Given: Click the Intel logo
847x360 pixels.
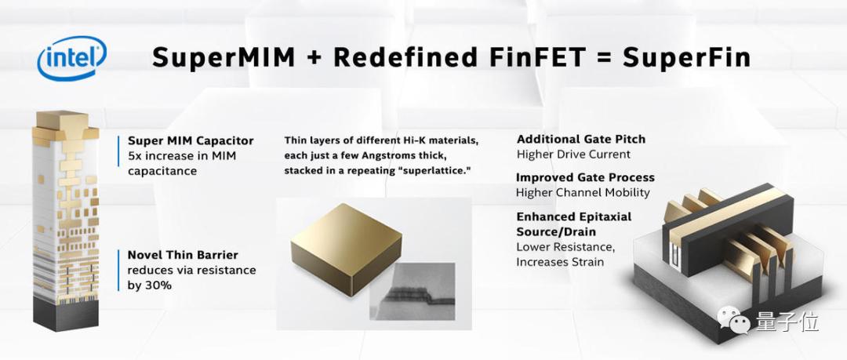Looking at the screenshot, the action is point(72,58).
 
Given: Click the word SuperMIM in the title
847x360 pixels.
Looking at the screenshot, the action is point(223,57).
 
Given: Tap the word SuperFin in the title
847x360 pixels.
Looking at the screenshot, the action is point(686,57).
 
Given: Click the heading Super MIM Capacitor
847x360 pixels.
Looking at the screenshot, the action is point(191,140).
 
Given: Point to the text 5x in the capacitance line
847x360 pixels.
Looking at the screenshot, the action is point(135,156).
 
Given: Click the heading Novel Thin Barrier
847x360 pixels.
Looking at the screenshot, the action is point(183,255).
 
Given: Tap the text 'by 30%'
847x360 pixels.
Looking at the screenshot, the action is point(150,285).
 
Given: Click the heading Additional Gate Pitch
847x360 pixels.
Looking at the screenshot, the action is point(580,140).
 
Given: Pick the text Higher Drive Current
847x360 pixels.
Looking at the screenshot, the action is point(573,155).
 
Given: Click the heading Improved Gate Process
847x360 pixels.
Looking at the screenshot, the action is point(585,177).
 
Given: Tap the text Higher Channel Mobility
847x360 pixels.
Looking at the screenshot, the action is point(583,192).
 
